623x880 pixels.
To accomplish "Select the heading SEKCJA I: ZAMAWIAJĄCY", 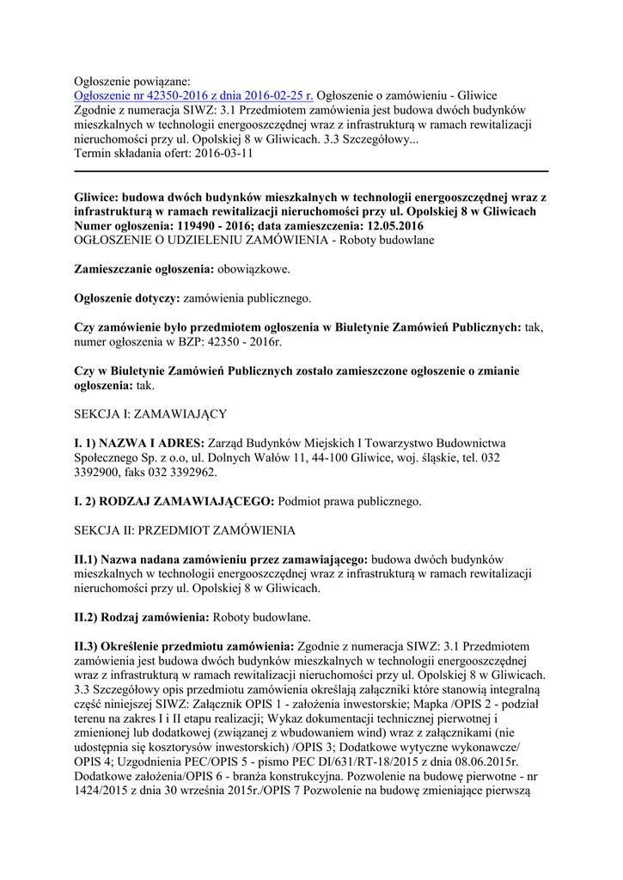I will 150,414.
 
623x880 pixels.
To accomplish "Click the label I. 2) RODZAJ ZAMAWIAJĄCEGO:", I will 174,500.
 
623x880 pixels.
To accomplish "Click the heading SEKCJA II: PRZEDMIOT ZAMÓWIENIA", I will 185,529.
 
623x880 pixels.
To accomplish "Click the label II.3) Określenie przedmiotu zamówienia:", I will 185,645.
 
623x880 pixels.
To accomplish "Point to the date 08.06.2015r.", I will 491,762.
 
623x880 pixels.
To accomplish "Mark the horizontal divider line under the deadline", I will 311,171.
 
